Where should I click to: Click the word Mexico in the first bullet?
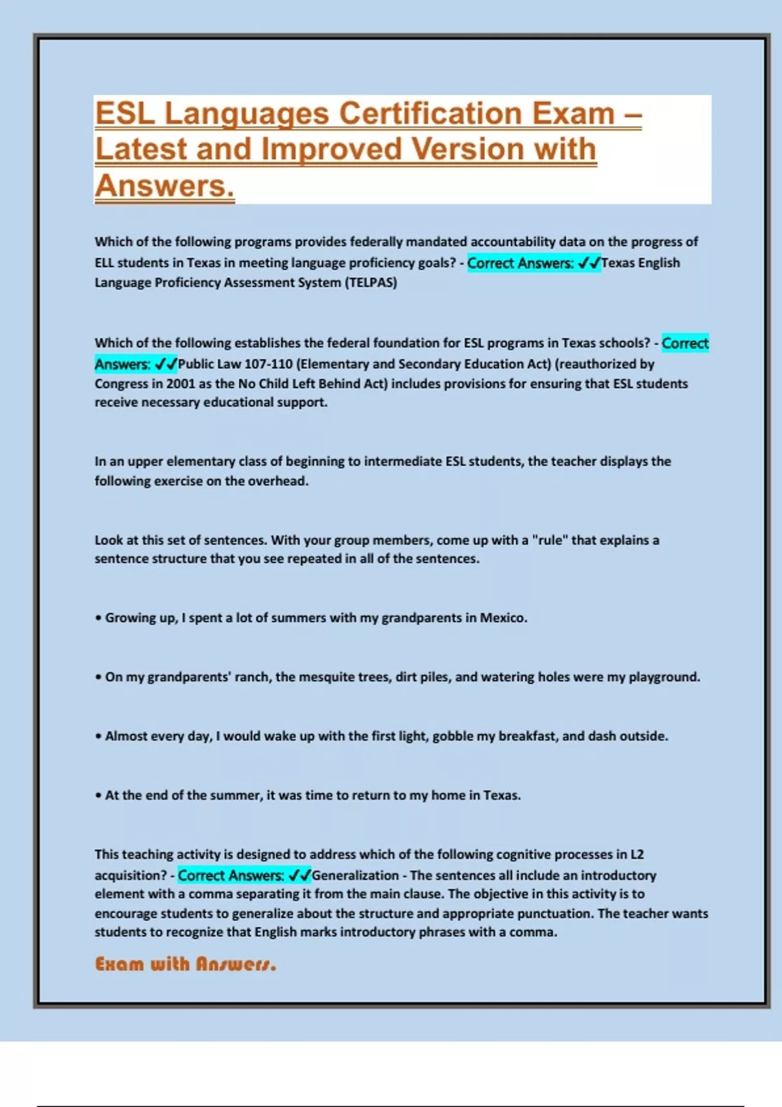502,618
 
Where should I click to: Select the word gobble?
453,736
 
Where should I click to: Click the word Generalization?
355,876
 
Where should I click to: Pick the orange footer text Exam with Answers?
186,964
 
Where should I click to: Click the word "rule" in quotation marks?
549,540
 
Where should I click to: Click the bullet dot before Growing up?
98,619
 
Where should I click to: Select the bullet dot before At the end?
98,796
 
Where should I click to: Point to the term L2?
637,854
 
